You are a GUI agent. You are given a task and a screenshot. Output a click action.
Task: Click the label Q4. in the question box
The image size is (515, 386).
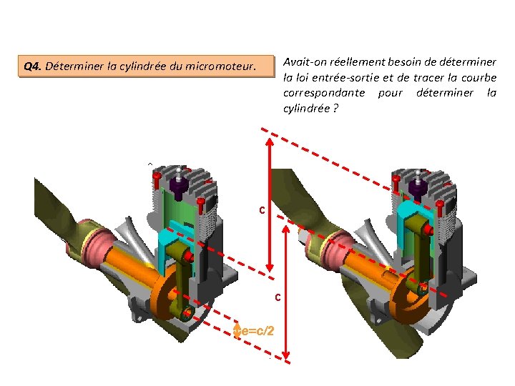[x=32, y=67]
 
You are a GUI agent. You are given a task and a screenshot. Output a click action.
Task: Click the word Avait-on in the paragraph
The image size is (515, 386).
[x=305, y=62]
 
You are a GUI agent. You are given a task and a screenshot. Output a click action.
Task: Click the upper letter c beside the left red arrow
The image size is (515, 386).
[x=263, y=210]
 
